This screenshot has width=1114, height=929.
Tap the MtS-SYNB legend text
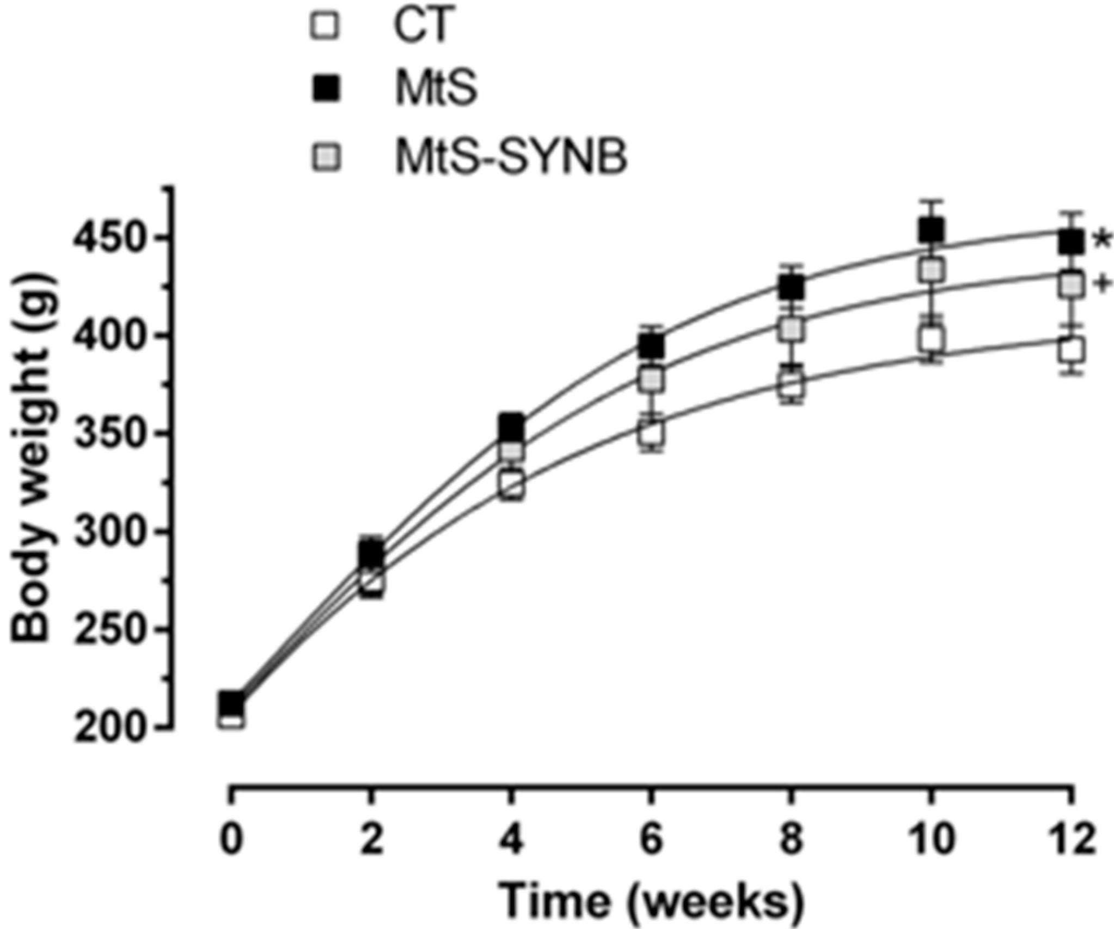[511, 156]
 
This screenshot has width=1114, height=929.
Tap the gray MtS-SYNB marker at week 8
[792, 329]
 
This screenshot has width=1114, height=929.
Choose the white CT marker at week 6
[651, 434]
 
